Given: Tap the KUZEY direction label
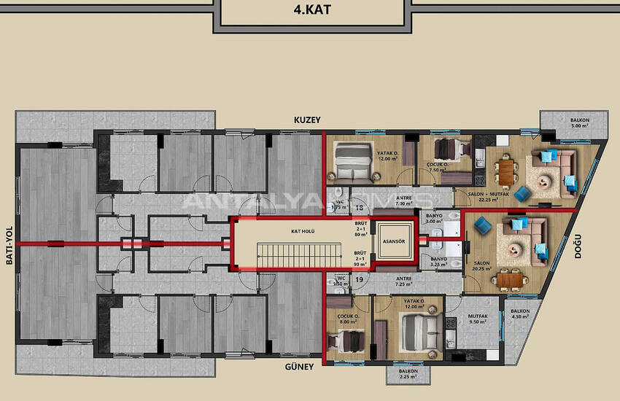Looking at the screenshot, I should pos(307,120).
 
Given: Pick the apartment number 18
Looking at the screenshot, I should pos(359,208).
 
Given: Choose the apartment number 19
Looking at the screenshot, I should pos(359,279).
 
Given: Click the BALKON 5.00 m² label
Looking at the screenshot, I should pos(580,122).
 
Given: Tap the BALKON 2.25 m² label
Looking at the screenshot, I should pos(408,374).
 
